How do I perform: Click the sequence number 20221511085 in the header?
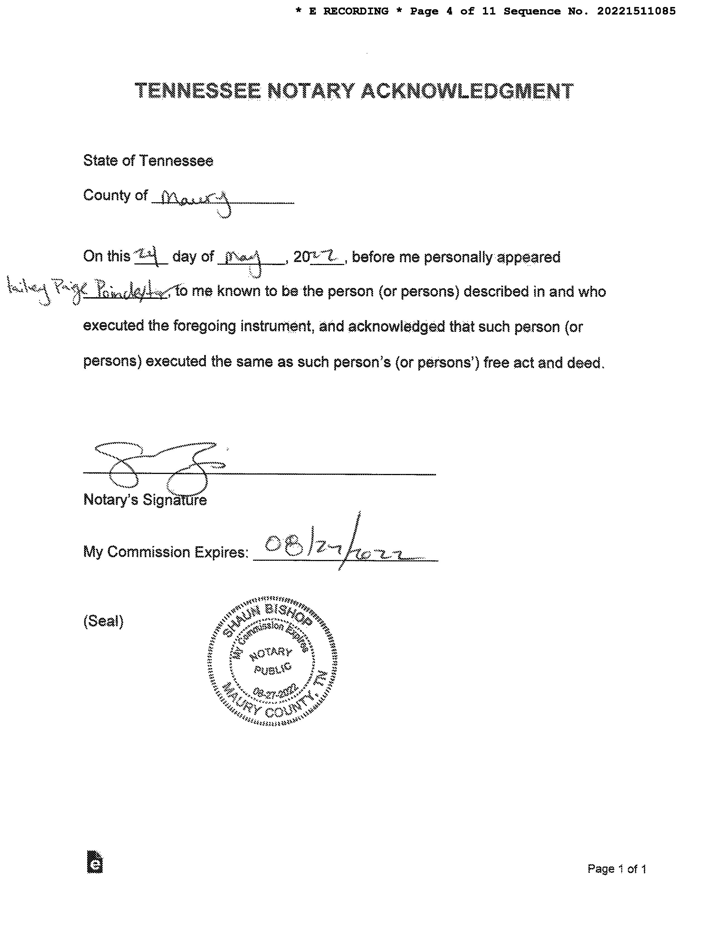coord(636,11)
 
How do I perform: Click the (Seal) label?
coord(103,621)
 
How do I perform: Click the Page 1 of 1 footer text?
coord(616,869)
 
